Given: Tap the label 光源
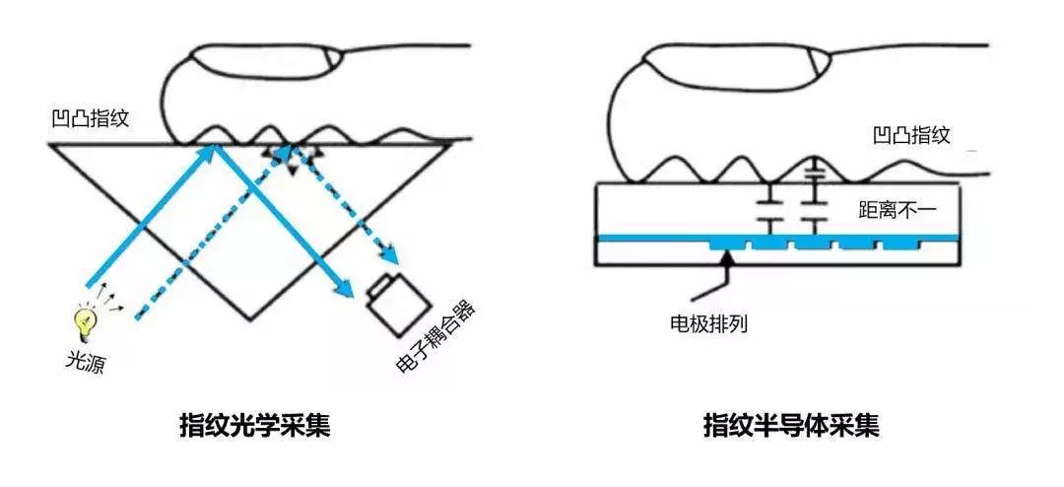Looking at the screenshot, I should (85, 363).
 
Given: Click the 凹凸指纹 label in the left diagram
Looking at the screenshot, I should (90, 120).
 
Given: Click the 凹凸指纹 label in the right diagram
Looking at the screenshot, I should (912, 135).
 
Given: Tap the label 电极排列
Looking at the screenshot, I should (707, 322).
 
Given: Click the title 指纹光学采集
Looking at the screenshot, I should (254, 426).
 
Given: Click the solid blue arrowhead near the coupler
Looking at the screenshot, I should (345, 289).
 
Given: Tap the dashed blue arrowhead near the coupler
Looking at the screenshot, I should (392, 257).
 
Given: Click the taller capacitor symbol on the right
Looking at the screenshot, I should (813, 202).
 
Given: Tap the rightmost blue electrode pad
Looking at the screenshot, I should (899, 242).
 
